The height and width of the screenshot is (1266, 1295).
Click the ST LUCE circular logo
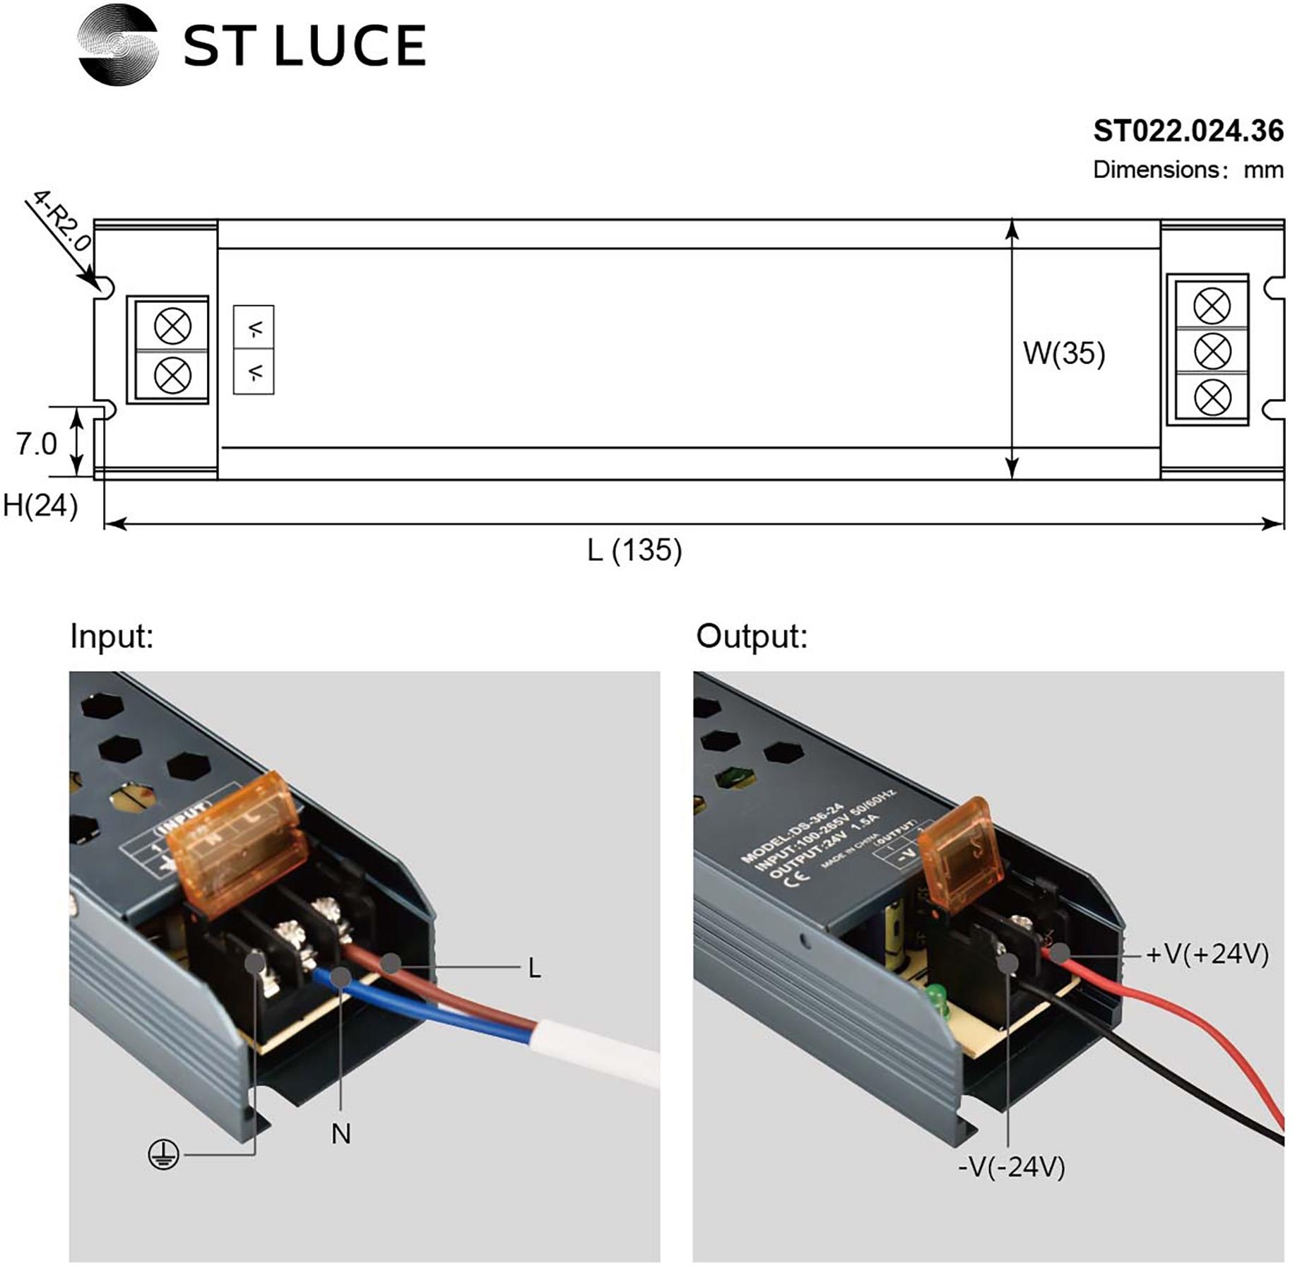click(117, 45)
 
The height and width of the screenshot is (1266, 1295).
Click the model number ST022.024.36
click(1188, 131)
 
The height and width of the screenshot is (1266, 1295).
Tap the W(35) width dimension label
click(1063, 353)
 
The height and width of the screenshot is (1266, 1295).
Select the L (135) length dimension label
click(634, 550)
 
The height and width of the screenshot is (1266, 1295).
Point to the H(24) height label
click(40, 506)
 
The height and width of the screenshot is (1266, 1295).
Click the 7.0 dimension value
click(36, 444)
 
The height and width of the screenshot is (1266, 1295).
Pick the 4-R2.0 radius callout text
click(61, 220)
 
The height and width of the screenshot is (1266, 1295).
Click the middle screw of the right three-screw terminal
click(1211, 351)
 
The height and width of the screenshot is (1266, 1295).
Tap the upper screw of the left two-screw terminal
click(172, 326)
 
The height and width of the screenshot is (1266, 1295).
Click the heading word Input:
click(112, 637)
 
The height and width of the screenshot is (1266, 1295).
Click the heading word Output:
click(751, 637)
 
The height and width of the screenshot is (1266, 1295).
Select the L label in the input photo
click(535, 969)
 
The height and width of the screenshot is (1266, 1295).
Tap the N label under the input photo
click(341, 1134)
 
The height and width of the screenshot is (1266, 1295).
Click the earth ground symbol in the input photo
click(163, 1155)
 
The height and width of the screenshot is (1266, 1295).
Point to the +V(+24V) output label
click(1207, 954)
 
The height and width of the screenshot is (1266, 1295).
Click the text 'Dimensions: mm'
click(1188, 170)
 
